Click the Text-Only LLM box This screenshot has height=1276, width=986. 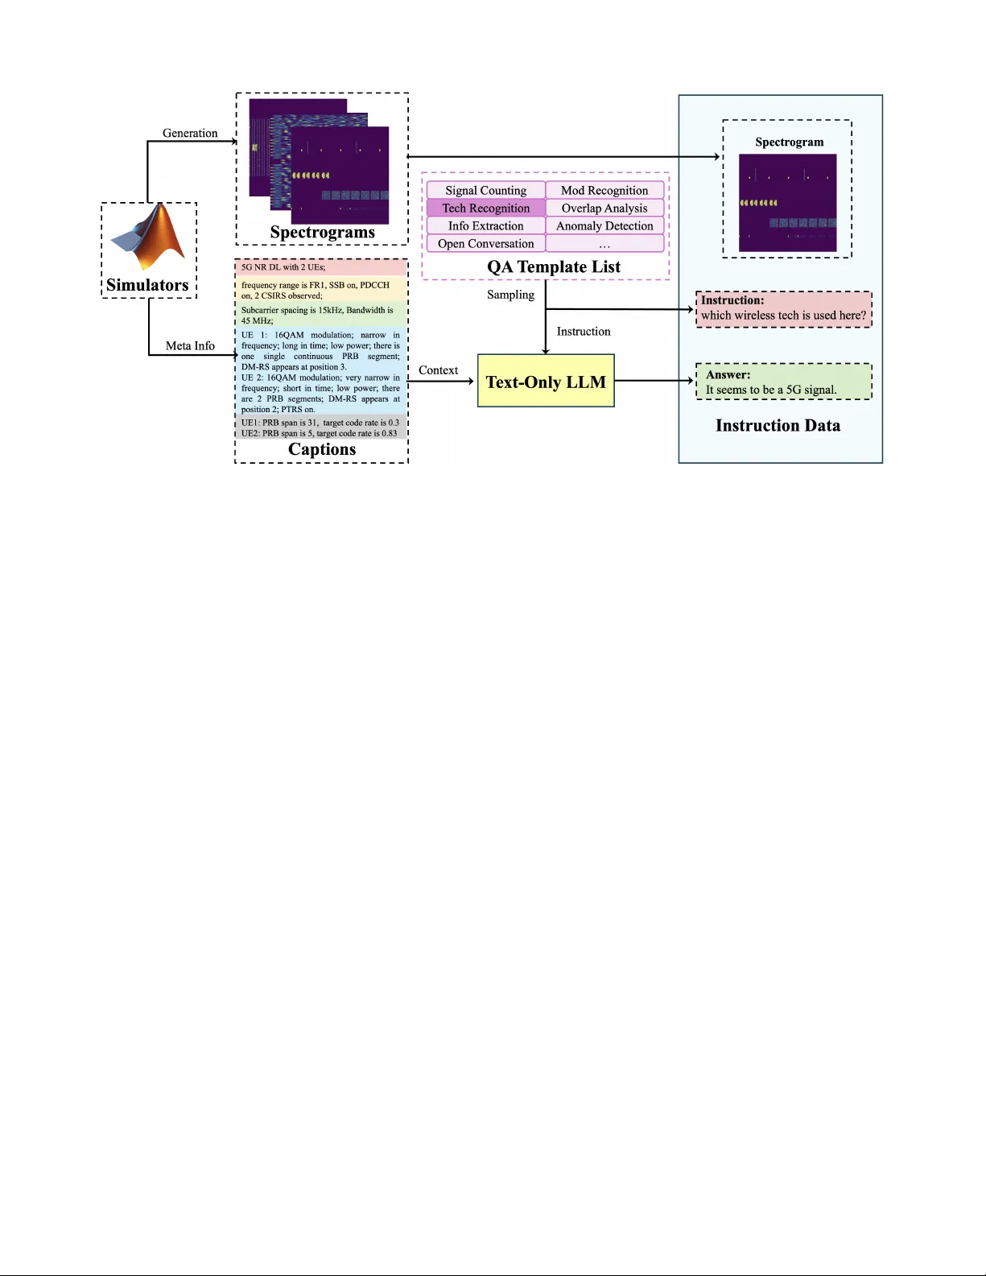(x=546, y=381)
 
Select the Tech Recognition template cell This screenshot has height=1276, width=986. (x=485, y=208)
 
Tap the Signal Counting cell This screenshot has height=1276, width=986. (x=485, y=190)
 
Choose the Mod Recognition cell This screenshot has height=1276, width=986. (x=604, y=190)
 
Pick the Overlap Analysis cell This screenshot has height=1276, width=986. (x=604, y=208)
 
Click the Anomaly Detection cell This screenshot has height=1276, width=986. (x=604, y=225)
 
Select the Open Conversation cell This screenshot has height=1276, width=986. (x=485, y=243)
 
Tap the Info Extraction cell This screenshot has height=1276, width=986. (x=485, y=225)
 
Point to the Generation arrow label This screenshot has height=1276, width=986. (x=190, y=133)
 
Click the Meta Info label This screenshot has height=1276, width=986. (x=190, y=345)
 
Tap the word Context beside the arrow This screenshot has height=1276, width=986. (x=438, y=370)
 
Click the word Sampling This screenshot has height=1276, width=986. (x=510, y=295)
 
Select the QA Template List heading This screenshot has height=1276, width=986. (x=554, y=266)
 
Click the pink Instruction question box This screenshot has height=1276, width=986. (x=783, y=309)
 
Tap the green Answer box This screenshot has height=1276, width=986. (x=783, y=382)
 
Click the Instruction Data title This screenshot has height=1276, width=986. (x=778, y=425)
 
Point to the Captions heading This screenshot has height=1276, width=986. (x=322, y=449)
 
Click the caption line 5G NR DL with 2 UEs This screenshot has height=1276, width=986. (x=283, y=267)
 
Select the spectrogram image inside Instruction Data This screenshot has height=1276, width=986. (x=787, y=203)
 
